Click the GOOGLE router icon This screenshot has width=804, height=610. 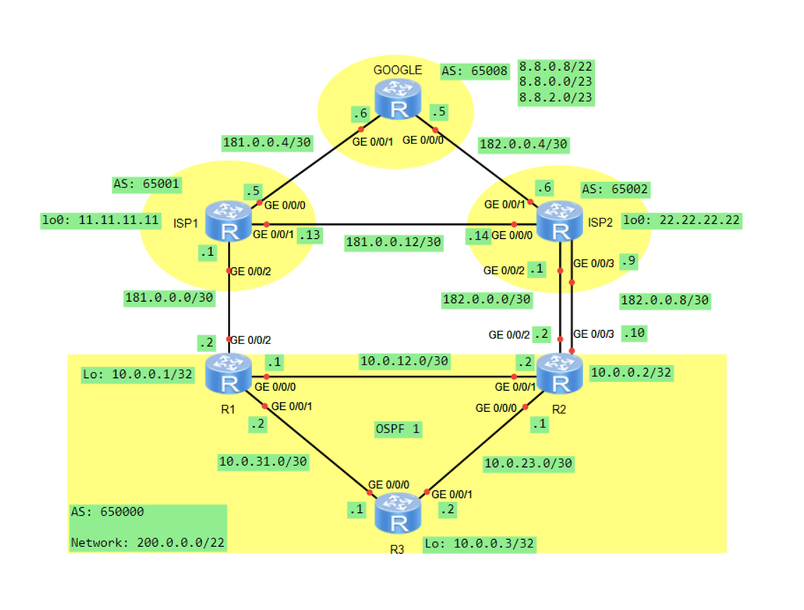[x=398, y=99]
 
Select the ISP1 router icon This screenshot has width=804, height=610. [x=229, y=221]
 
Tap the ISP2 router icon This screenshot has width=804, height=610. [x=560, y=221]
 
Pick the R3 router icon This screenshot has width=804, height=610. [x=398, y=513]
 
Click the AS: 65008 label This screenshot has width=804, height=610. [x=475, y=71]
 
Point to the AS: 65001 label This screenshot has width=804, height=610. [x=146, y=184]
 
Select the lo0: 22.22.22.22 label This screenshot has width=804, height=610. [x=682, y=220]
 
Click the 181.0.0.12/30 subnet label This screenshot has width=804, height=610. [x=393, y=242]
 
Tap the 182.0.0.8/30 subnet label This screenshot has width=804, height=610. [x=665, y=301]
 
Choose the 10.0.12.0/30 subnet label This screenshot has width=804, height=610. [x=404, y=361]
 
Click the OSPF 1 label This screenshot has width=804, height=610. [x=398, y=429]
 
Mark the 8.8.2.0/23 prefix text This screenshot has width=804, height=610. [x=556, y=98]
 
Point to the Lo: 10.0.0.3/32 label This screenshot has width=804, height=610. [x=479, y=544]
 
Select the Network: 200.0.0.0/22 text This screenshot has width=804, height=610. [x=148, y=543]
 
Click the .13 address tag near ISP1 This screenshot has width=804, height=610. [x=310, y=235]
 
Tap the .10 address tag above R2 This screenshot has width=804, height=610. [x=635, y=333]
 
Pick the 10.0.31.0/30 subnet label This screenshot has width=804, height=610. [x=263, y=462]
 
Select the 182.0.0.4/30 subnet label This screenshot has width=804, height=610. [x=523, y=144]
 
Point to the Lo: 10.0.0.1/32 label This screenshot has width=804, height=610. [x=138, y=375]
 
